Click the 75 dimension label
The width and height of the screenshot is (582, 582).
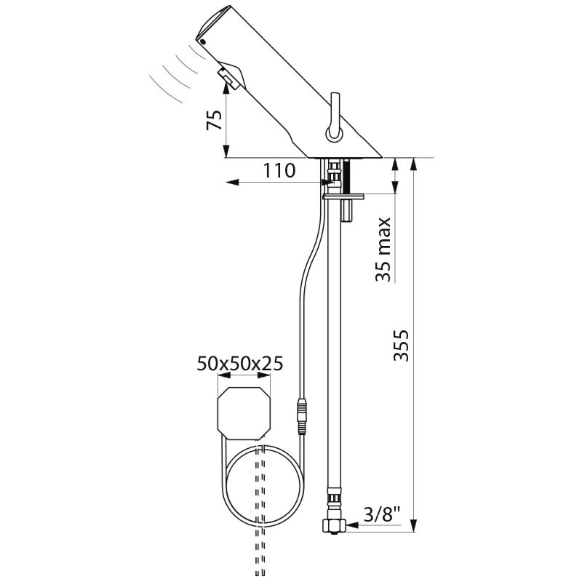tap(215, 120)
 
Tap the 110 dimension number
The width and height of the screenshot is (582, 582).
tap(279, 171)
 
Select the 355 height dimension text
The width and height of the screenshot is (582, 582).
tap(401, 345)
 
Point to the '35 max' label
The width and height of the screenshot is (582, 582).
tap(383, 250)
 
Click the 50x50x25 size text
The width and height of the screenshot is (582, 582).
tap(240, 364)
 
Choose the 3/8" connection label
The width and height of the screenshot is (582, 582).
tap(382, 515)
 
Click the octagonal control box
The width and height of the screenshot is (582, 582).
tap(244, 413)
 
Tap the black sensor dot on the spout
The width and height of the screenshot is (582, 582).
tap(203, 41)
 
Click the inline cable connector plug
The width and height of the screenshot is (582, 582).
tap(302, 416)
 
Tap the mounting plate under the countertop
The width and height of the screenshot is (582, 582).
tap(343, 196)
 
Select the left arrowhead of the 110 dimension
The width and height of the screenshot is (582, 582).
tap(232, 183)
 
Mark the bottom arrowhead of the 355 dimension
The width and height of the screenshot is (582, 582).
tap(414, 525)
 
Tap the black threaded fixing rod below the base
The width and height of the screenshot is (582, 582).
tap(348, 176)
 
